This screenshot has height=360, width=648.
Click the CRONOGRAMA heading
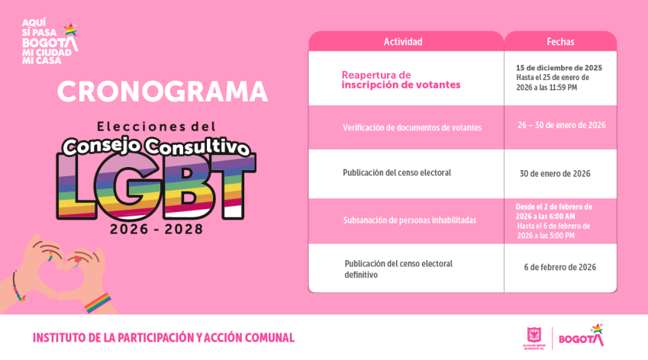163,92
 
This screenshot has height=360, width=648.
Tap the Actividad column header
402,42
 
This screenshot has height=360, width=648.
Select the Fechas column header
560,42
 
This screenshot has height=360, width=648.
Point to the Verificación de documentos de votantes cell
412,127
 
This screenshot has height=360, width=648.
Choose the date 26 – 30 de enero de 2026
561,125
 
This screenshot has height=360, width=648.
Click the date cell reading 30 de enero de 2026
555,174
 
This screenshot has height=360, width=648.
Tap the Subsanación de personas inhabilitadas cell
409,220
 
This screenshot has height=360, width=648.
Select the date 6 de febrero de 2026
559,267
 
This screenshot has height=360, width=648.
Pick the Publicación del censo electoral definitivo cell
398,268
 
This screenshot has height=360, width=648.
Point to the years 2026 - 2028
156,229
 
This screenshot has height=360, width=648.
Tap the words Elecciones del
156,125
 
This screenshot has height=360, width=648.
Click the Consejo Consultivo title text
156,145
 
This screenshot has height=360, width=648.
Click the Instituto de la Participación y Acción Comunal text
163,338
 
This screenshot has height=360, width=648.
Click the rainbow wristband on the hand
98,302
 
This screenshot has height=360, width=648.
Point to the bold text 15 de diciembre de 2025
559,68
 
